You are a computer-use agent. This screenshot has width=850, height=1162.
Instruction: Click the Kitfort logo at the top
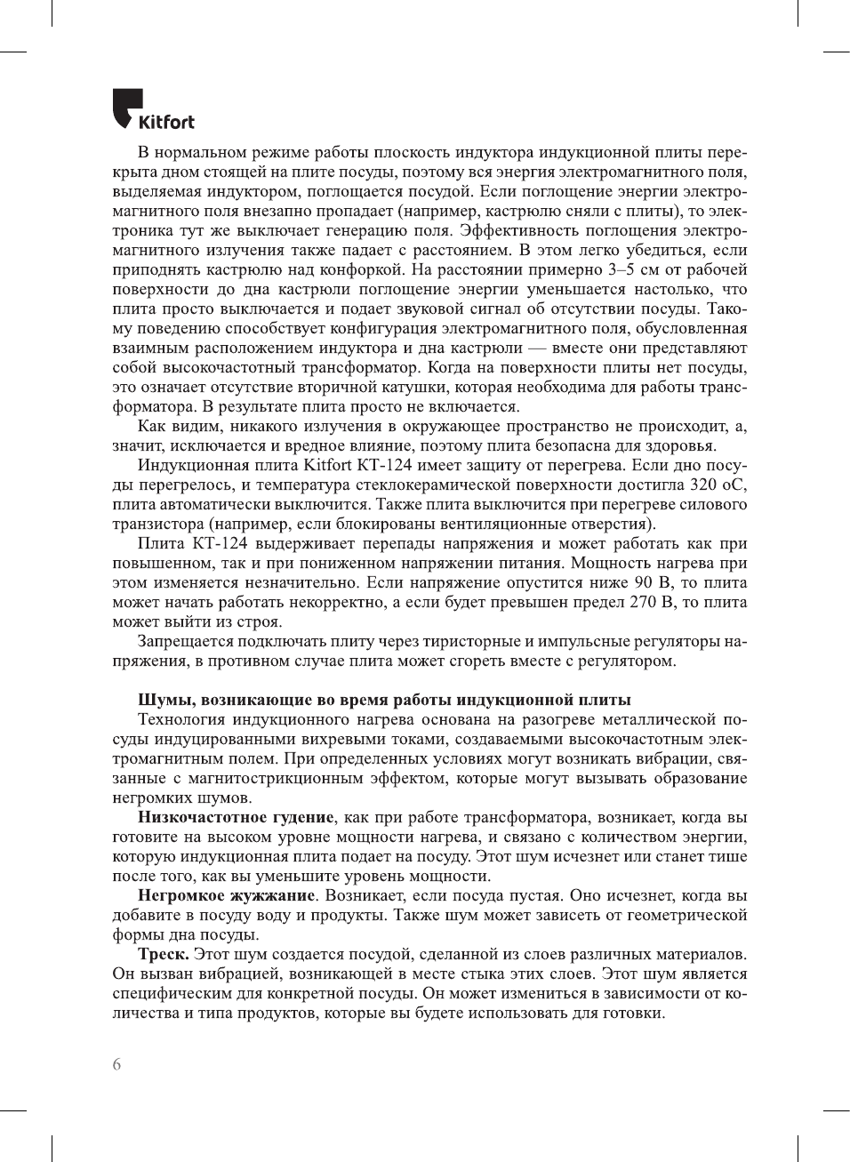154,110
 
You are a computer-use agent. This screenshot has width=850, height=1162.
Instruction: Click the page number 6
117,1064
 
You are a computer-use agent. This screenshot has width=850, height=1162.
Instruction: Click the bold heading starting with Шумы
384,700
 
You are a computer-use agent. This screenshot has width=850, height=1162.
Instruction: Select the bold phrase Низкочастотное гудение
236,817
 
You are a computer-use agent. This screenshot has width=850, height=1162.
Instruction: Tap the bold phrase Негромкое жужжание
226,895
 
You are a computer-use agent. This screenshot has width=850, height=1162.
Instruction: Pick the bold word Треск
163,954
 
